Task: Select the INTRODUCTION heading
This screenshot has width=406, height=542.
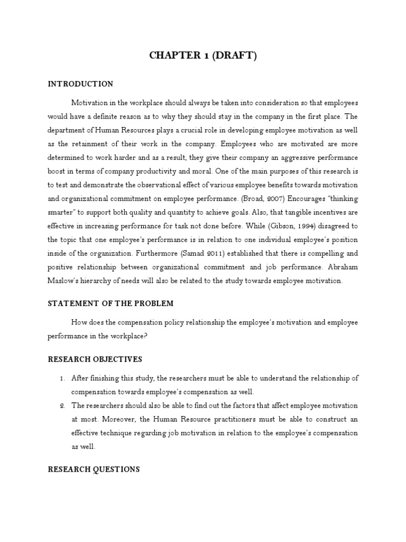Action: tap(80, 84)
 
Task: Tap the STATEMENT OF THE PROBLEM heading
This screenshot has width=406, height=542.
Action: tap(110, 304)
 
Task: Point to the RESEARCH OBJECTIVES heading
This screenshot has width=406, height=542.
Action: tap(95, 359)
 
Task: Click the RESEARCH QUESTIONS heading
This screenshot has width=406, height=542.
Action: tap(94, 469)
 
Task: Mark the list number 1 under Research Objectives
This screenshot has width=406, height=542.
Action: tap(62, 378)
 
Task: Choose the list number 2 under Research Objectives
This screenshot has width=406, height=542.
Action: tap(62, 405)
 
